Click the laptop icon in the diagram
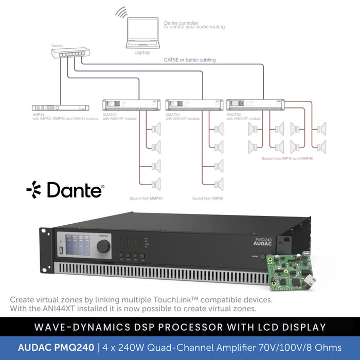coord(142,34)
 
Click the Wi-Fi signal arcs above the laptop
coord(121,12)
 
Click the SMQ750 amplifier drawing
coord(255,105)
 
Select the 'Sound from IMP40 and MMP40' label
coord(287,159)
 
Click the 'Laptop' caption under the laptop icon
coord(142,52)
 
